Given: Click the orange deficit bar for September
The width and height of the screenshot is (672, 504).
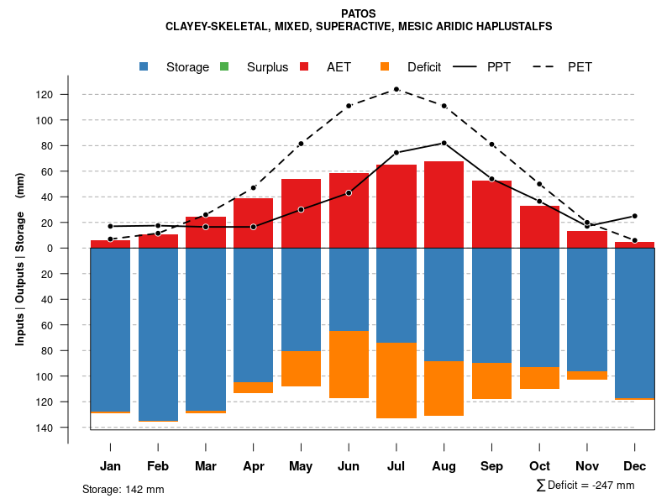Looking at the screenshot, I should [x=491, y=381].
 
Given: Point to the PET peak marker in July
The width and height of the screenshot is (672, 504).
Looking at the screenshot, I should [x=396, y=89].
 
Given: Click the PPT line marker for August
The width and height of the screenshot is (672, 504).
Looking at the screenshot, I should [x=444, y=143].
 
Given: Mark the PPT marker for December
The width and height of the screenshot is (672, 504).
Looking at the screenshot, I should [x=635, y=216].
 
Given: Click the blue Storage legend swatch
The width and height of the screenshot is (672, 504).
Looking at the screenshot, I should [x=145, y=67].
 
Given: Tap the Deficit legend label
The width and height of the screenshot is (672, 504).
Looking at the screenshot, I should [x=423, y=67].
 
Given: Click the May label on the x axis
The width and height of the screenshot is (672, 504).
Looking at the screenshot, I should [x=301, y=466].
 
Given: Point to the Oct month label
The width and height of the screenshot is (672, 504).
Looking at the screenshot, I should [x=539, y=466].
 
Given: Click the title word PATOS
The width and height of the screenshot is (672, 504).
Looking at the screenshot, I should [x=359, y=13].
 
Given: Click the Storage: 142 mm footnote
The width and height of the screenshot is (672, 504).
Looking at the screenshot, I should [x=123, y=489].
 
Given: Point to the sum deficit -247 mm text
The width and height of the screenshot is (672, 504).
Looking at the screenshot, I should [x=585, y=485].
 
